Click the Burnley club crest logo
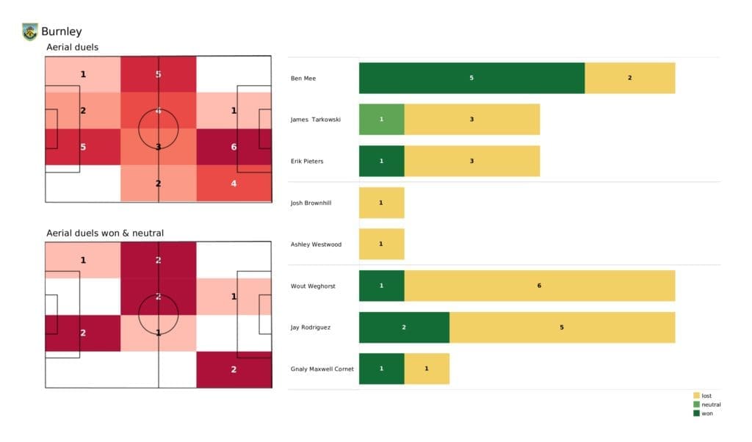(x=29, y=32)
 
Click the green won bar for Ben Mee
(x=471, y=78)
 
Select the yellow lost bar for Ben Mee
(x=629, y=78)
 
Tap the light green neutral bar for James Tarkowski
(x=381, y=119)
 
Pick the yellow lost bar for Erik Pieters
(x=471, y=161)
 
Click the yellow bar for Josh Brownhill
(x=381, y=203)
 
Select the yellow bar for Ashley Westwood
(x=381, y=244)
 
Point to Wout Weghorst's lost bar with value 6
(x=539, y=286)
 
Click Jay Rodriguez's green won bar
(x=404, y=327)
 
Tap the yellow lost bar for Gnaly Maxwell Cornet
(x=427, y=369)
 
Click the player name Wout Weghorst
(x=313, y=286)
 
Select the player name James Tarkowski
(x=315, y=119)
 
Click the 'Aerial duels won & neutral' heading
(x=104, y=233)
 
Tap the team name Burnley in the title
(x=62, y=32)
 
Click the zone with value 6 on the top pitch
(x=234, y=147)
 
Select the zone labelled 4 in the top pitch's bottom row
(x=234, y=183)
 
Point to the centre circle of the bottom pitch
(x=158, y=315)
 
